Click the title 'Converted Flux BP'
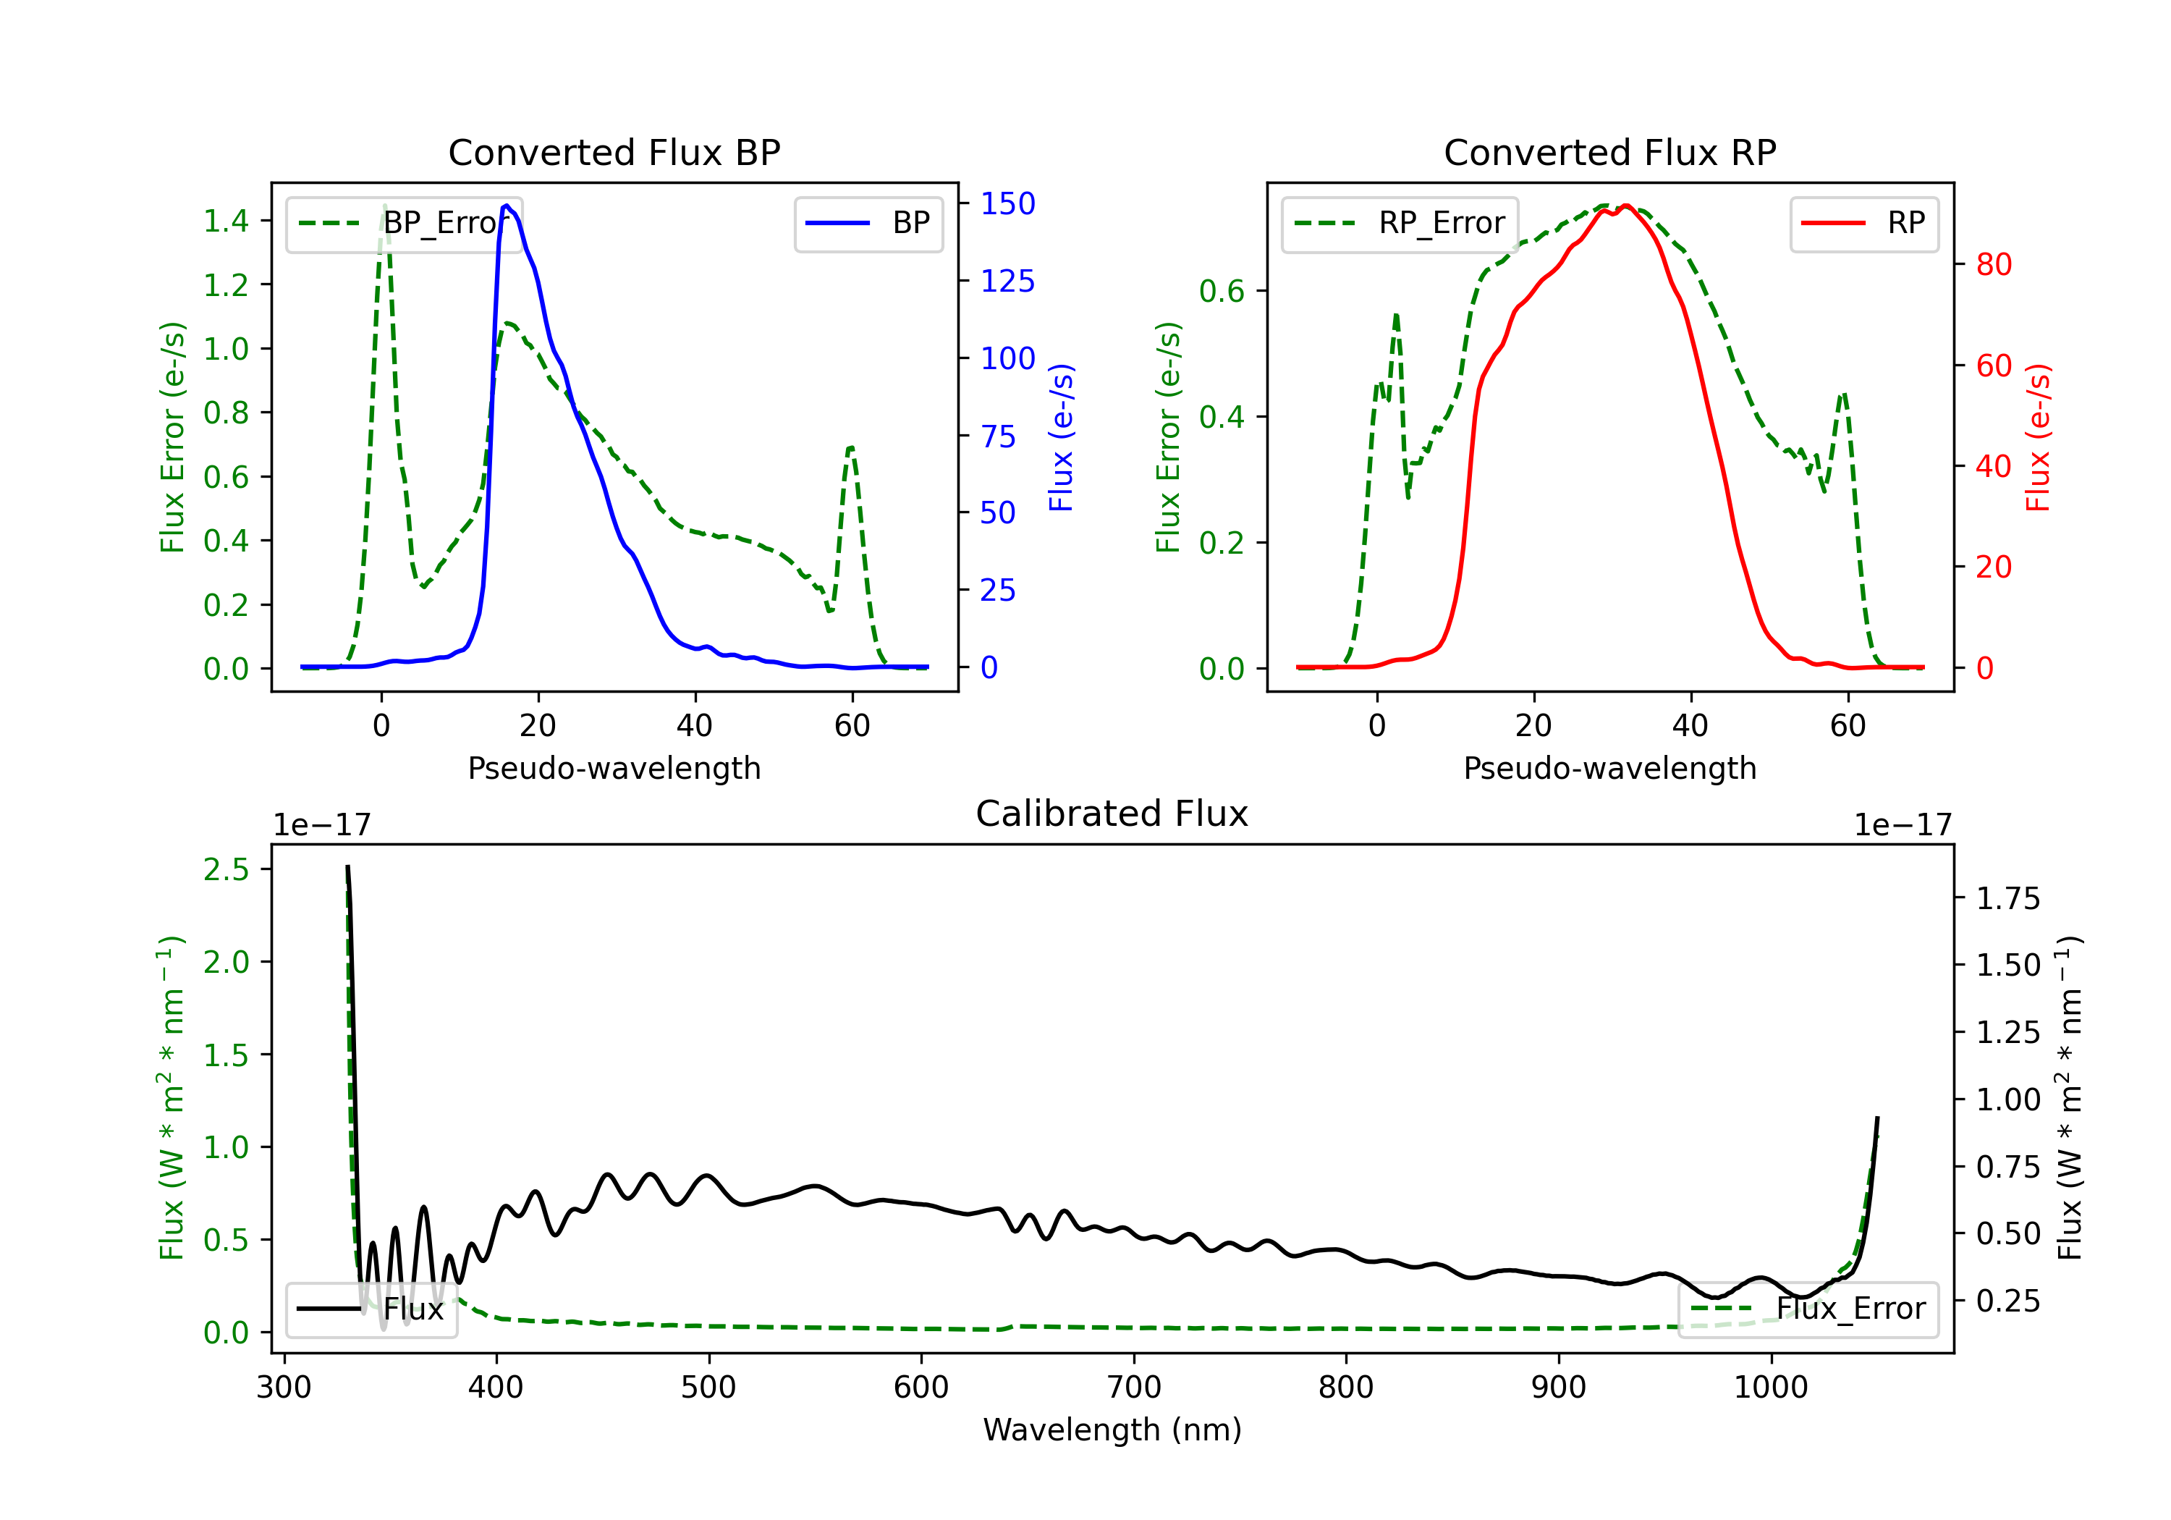coord(614,152)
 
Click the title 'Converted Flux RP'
coord(1609,152)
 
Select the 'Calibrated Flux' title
coord(1112,814)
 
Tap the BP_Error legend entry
coord(404,223)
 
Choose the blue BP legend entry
coord(868,223)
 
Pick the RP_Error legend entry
coord(1400,223)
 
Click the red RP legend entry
coord(1863,223)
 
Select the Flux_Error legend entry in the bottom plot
coord(1808,1309)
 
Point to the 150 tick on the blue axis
coord(1008,203)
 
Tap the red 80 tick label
coord(1993,265)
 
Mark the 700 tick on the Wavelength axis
coord(1134,1388)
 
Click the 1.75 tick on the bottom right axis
coord(2008,898)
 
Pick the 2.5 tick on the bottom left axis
coord(226,869)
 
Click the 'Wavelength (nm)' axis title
coord(1112,1430)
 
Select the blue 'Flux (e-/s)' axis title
coord(1062,437)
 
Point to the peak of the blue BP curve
coord(507,206)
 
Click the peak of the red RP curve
coord(1625,206)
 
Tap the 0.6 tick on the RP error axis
coord(1222,291)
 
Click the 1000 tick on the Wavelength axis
coord(1771,1388)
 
